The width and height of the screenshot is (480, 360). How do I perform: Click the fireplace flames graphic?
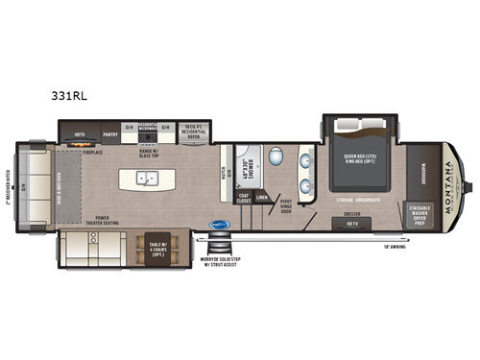pos(80,139)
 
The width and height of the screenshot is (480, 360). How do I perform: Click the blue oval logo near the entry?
pos(219,227)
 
